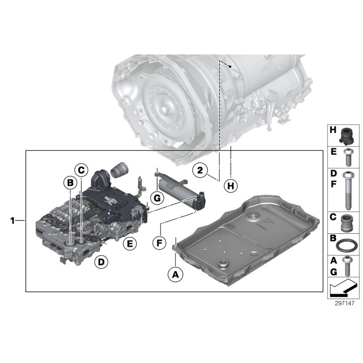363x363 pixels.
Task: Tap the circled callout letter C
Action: click(81, 170)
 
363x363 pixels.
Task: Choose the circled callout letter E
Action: click(130, 244)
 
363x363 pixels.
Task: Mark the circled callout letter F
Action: click(159, 243)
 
